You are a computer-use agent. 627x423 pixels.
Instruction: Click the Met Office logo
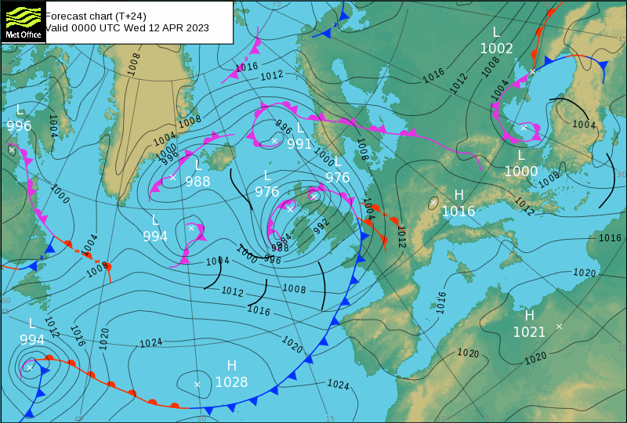click(22, 23)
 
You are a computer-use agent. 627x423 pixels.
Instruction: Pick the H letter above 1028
click(232, 366)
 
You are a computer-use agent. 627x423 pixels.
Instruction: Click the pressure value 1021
click(529, 332)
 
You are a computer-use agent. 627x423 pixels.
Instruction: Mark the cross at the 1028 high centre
click(198, 384)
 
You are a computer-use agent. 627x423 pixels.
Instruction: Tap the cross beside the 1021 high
click(559, 326)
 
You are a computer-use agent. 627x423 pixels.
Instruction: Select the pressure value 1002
click(496, 49)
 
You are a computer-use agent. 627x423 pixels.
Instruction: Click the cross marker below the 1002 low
click(532, 71)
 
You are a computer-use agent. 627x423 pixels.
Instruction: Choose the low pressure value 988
click(198, 181)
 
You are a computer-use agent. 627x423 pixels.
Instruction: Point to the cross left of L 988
click(173, 177)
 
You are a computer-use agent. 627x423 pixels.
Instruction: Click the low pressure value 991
click(299, 144)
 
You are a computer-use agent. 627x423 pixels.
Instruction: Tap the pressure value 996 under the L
click(19, 126)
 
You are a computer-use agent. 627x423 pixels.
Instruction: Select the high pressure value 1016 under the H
click(458, 211)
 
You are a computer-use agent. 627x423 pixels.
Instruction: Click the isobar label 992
click(321, 226)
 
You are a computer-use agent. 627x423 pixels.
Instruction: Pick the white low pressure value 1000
click(521, 172)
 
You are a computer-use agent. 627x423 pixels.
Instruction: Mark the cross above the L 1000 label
click(524, 127)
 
